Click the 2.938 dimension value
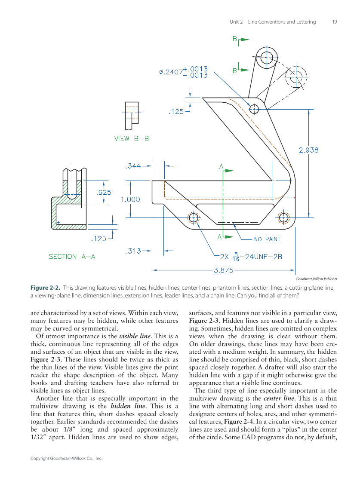308,150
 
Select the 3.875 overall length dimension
223,270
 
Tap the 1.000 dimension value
130,199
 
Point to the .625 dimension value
103,192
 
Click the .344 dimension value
132,165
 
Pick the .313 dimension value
133,251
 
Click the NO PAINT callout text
267,239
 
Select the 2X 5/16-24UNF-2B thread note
251,257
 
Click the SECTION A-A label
72,256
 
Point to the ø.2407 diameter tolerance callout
183,72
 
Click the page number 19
335,22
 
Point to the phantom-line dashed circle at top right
296,78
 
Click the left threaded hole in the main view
194,218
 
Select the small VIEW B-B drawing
131,116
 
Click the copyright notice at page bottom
66,459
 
